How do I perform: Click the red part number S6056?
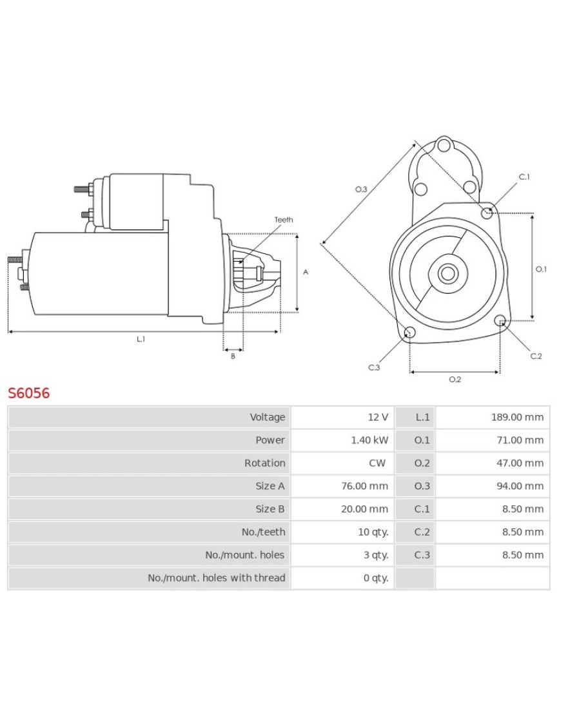coord(28,393)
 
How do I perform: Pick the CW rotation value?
coord(377,463)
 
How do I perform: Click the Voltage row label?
coord(267,417)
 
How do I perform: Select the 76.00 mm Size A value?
coord(364,486)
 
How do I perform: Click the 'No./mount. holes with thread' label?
coord(216,577)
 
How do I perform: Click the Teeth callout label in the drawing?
coord(283,220)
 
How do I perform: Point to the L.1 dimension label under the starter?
coord(141,339)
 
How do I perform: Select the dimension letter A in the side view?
coord(306,272)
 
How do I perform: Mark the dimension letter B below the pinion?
coord(233,356)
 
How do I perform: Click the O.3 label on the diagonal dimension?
coord(361,189)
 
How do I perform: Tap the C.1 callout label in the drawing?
coord(524,177)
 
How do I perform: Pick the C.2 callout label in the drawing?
coord(536,356)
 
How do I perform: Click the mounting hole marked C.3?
coord(409,333)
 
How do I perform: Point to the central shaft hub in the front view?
coord(447,273)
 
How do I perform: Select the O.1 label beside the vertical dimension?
coord(541,269)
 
